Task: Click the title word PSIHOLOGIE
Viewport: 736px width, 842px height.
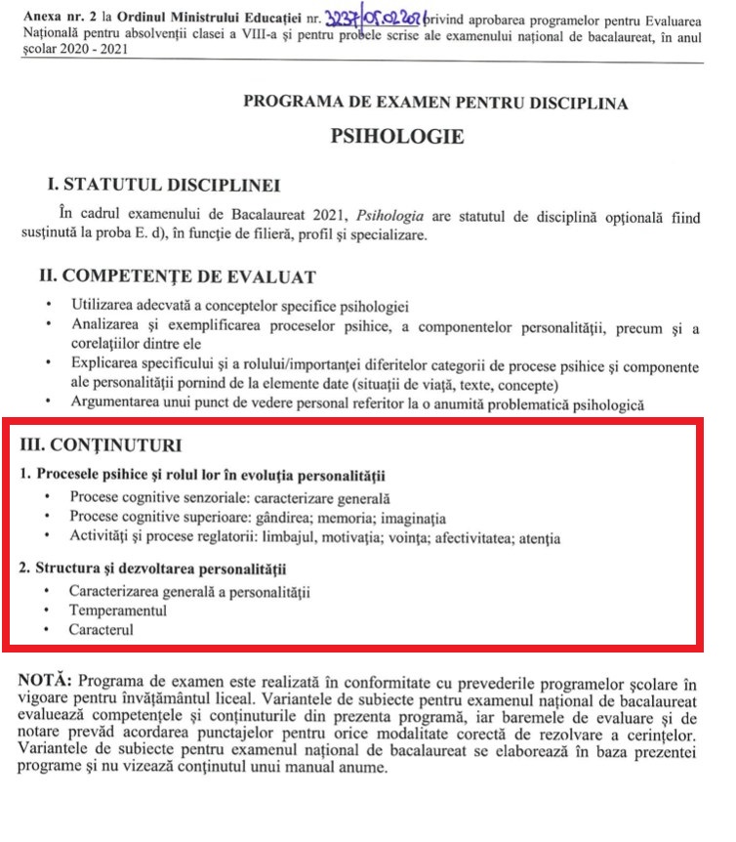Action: pyautogui.click(x=396, y=136)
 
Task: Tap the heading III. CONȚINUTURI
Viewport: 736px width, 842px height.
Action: pyautogui.click(x=101, y=446)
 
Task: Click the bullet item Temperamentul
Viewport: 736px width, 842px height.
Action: pyautogui.click(x=117, y=610)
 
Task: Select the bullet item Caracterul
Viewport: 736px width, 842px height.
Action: pyautogui.click(x=101, y=630)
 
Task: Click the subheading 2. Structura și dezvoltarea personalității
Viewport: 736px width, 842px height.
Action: pyautogui.click(x=159, y=568)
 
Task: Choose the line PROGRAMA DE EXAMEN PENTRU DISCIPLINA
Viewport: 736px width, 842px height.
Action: pyautogui.click(x=435, y=103)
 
